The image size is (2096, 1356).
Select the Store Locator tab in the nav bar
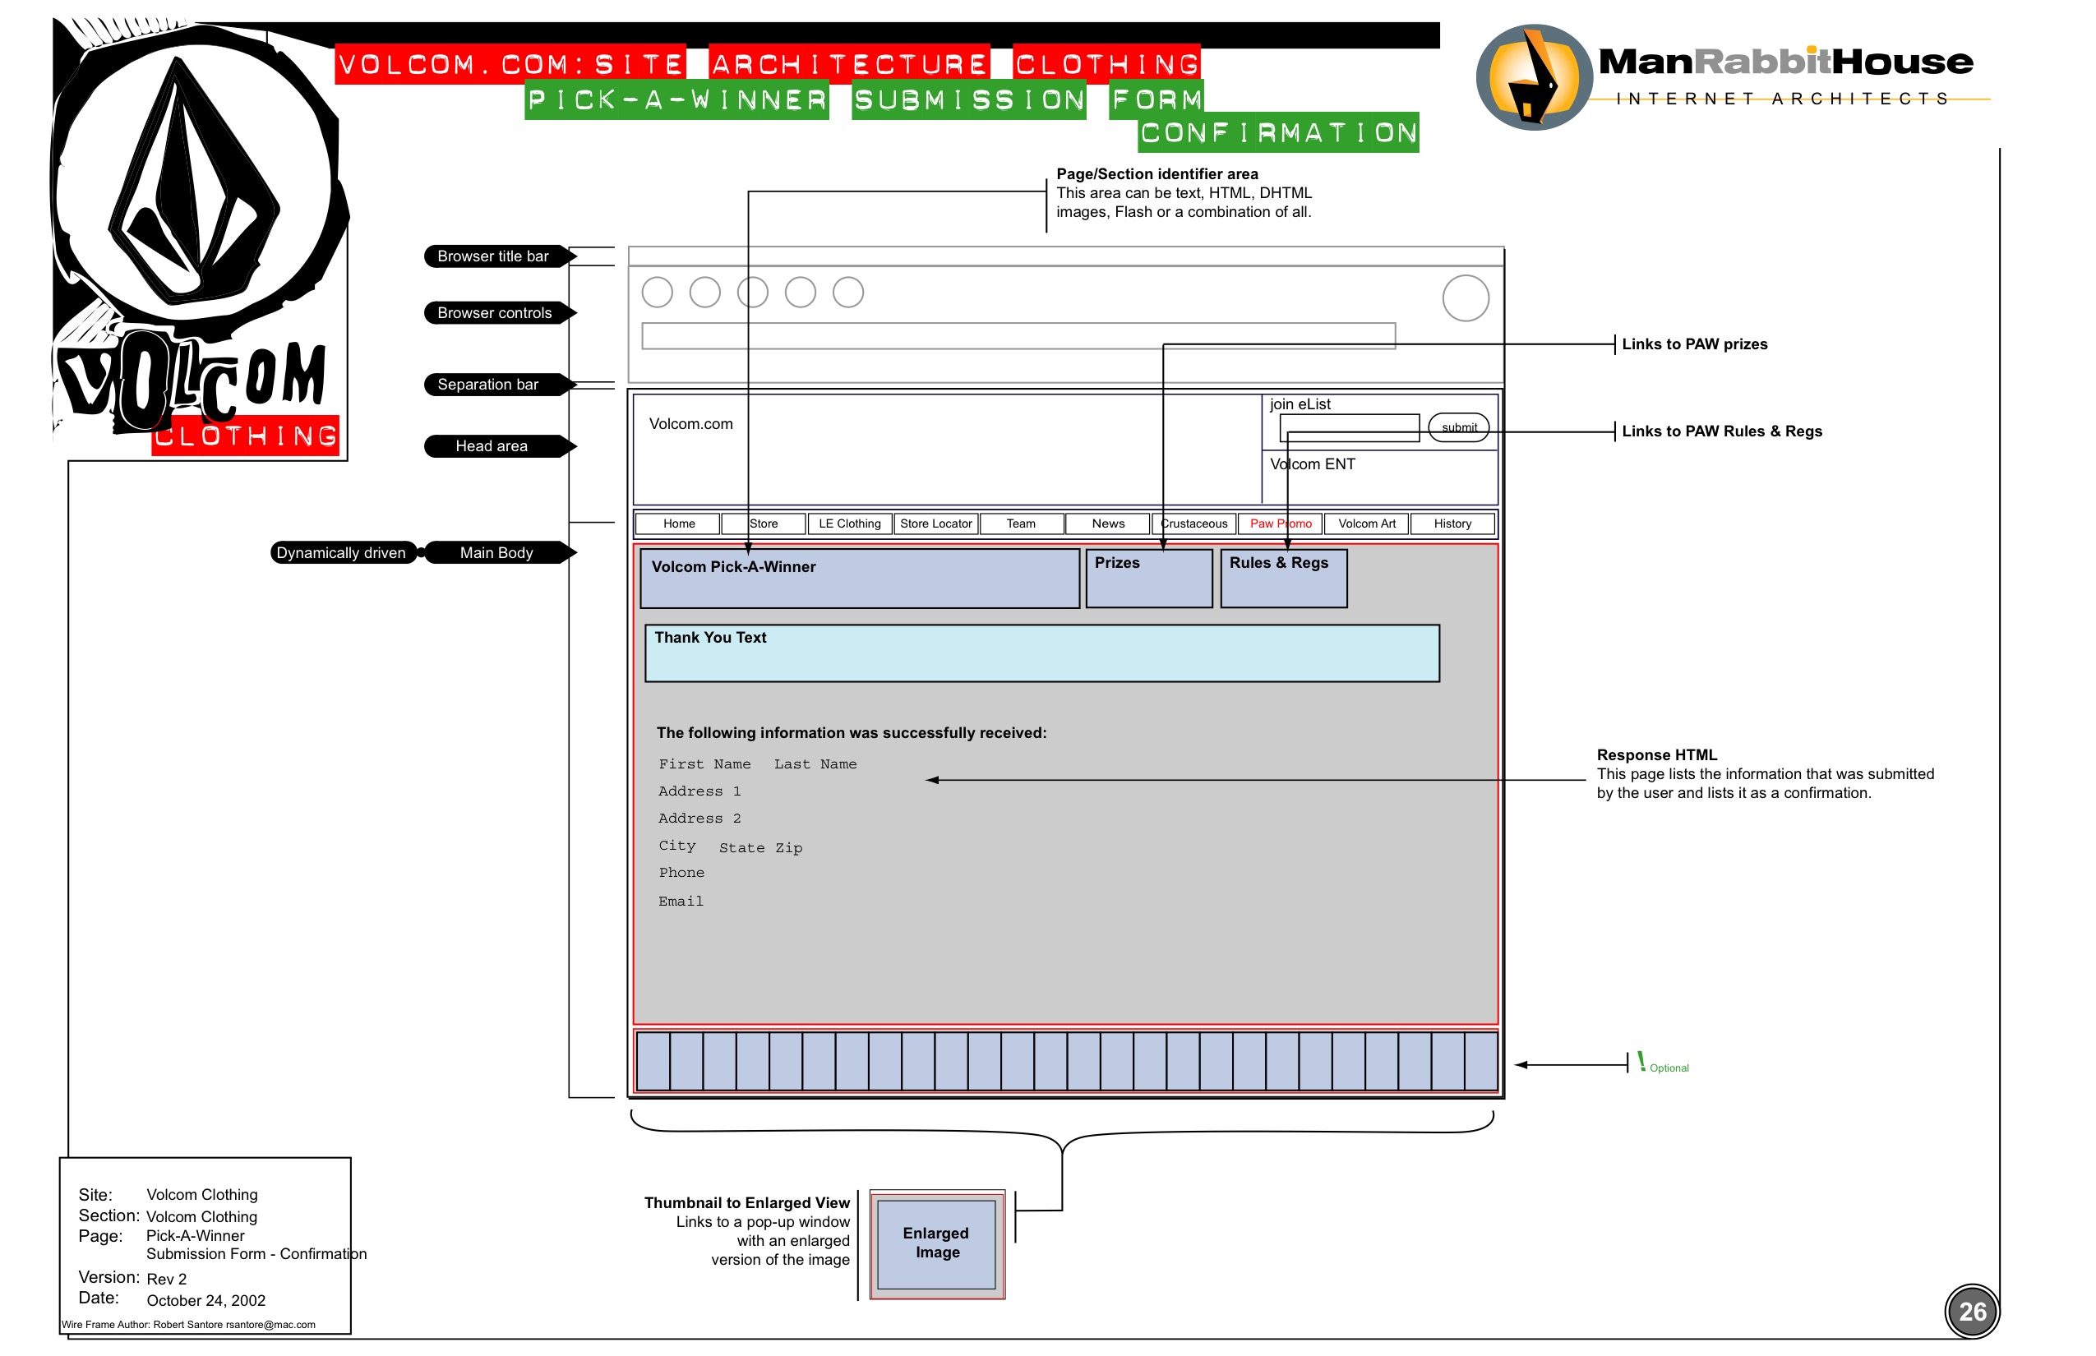(935, 524)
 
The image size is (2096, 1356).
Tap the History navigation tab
(1452, 524)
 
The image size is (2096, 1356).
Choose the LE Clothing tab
(849, 524)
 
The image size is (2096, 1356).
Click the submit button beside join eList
(1458, 428)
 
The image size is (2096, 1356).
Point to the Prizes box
(1148, 579)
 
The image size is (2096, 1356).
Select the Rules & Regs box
(1283, 579)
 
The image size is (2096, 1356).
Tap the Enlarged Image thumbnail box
(936, 1243)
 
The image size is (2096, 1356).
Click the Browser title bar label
(493, 256)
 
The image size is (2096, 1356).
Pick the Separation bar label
(488, 385)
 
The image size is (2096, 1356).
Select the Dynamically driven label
(341, 553)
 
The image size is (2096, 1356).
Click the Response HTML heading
(1655, 755)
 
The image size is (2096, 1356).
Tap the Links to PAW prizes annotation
(1693, 344)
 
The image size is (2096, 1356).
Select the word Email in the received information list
(681, 902)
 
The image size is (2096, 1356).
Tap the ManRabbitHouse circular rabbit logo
(1533, 77)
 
